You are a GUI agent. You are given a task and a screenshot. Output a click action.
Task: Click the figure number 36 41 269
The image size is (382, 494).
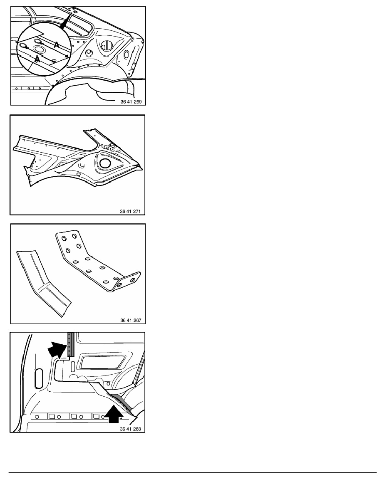coord(131,102)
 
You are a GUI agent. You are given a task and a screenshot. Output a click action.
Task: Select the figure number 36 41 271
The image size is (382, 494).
coord(130,211)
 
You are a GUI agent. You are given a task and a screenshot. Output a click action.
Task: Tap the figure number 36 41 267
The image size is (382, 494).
coord(131,321)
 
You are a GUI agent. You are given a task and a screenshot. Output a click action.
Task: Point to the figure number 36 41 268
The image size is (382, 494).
coord(130,429)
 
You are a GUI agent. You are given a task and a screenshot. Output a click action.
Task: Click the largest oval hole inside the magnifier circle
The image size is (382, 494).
coord(40,49)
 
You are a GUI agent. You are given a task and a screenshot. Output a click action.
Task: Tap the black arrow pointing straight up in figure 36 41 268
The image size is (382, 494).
coord(113,414)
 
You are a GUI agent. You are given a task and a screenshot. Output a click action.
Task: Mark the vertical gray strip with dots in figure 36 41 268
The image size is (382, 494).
coord(71,344)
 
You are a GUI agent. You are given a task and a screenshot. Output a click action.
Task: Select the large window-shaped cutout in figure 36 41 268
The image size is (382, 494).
coord(102,361)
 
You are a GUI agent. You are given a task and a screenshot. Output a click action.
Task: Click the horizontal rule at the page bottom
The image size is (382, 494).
coord(193,472)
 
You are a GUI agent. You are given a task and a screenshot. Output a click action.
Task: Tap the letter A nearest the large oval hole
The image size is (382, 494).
coord(37,59)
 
